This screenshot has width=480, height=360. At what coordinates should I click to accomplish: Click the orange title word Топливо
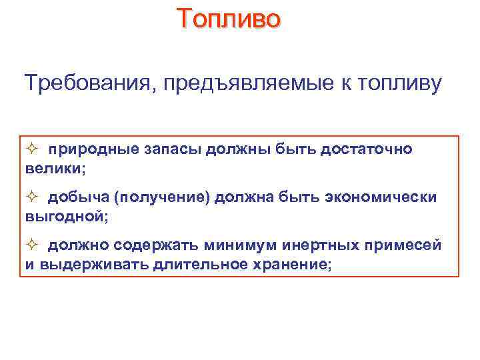[229, 18]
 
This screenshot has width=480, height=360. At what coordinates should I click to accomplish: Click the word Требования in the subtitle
[88, 84]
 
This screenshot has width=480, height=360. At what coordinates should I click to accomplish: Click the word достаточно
[367, 149]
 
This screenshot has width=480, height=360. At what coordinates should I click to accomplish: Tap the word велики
[54, 169]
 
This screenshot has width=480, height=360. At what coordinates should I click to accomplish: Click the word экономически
[381, 197]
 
